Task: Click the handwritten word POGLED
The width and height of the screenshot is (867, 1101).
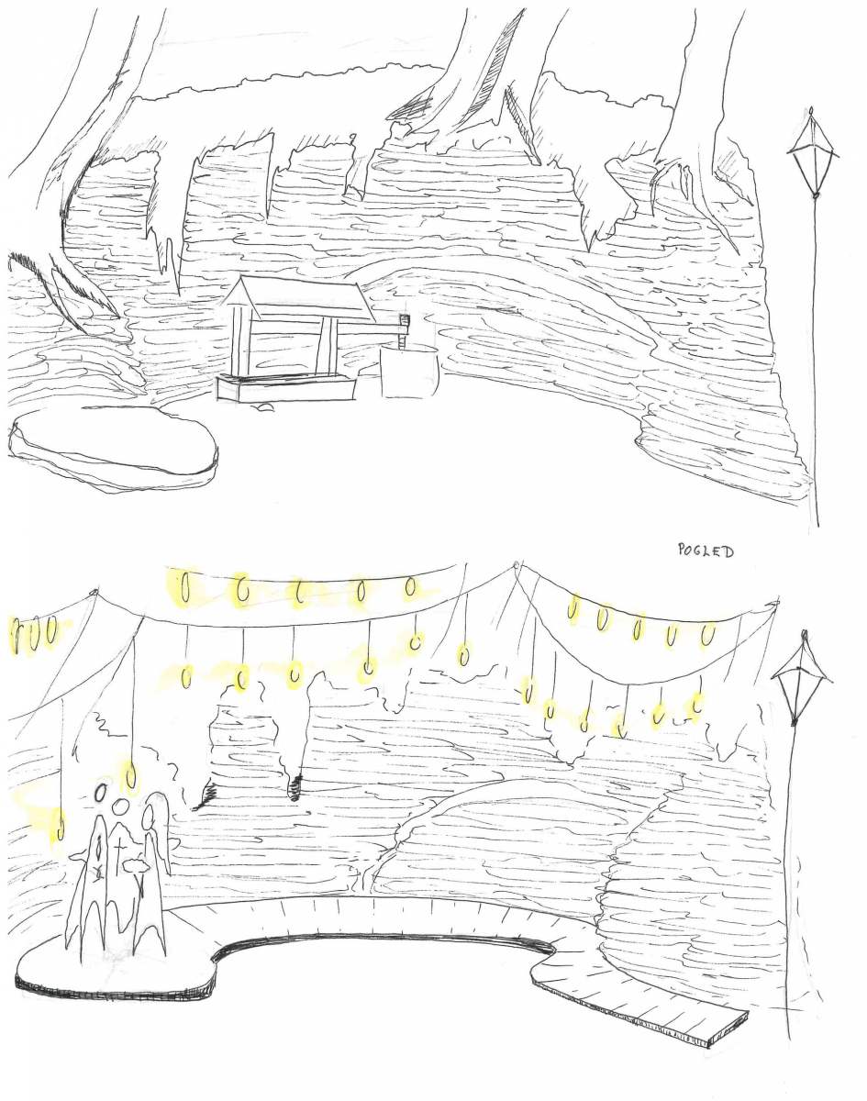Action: click(706, 550)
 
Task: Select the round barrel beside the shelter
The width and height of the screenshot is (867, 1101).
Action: click(409, 371)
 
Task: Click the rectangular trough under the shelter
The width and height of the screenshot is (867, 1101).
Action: click(285, 388)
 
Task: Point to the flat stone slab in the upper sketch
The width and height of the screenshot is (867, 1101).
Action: click(114, 446)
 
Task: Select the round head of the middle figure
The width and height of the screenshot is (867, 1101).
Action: click(120, 807)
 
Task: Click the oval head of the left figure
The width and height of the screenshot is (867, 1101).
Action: click(101, 794)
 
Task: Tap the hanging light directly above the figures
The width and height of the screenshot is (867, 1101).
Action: click(131, 778)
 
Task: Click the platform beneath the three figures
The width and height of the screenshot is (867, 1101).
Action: click(117, 962)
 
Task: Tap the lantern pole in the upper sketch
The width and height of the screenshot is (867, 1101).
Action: click(816, 358)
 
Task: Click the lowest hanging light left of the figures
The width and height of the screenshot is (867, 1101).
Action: click(61, 825)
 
